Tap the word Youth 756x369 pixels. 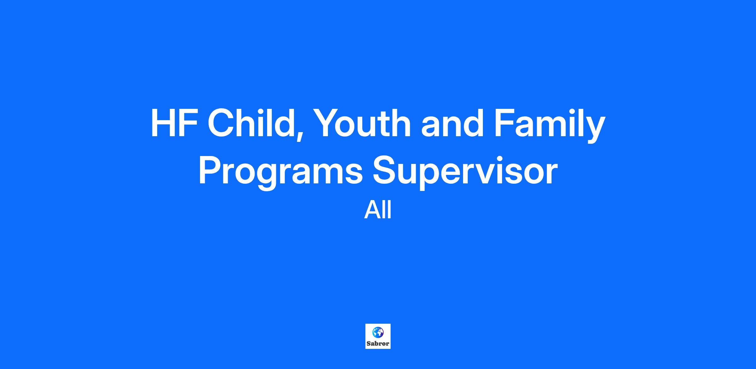pos(360,123)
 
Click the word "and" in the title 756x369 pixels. pos(452,123)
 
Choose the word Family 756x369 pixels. pos(550,126)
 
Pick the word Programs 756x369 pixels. pos(280,172)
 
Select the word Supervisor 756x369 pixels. pos(465,172)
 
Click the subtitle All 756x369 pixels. pos(378,210)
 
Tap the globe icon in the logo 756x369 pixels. pos(378,332)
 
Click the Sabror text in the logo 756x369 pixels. pos(378,344)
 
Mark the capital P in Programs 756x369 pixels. pos(210,170)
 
